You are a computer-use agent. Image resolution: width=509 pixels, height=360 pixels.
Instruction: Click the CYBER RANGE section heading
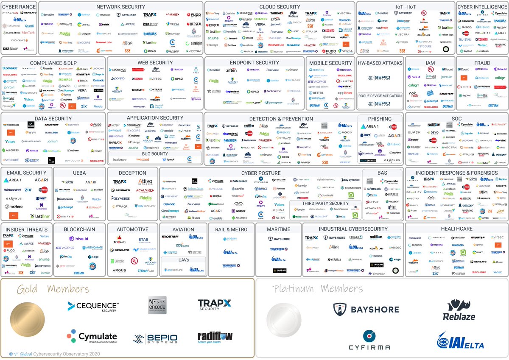pos(19,7)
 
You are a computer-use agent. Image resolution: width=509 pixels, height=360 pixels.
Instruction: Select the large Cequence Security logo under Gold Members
pos(93,307)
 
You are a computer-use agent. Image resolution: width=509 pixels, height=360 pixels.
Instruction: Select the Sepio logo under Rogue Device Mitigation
pos(380,104)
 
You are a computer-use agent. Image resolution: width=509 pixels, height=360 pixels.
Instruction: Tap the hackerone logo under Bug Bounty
pos(120,160)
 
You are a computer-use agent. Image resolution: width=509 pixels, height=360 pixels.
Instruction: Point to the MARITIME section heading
pos(279,229)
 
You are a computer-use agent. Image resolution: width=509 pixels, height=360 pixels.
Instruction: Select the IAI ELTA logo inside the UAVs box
pos(196,270)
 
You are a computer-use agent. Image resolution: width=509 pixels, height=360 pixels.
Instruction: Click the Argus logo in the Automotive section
pos(119,270)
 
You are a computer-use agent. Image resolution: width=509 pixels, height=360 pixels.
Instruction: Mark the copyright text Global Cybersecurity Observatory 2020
pos(55,354)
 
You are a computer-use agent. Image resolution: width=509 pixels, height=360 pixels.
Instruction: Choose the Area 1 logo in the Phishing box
pos(369,126)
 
